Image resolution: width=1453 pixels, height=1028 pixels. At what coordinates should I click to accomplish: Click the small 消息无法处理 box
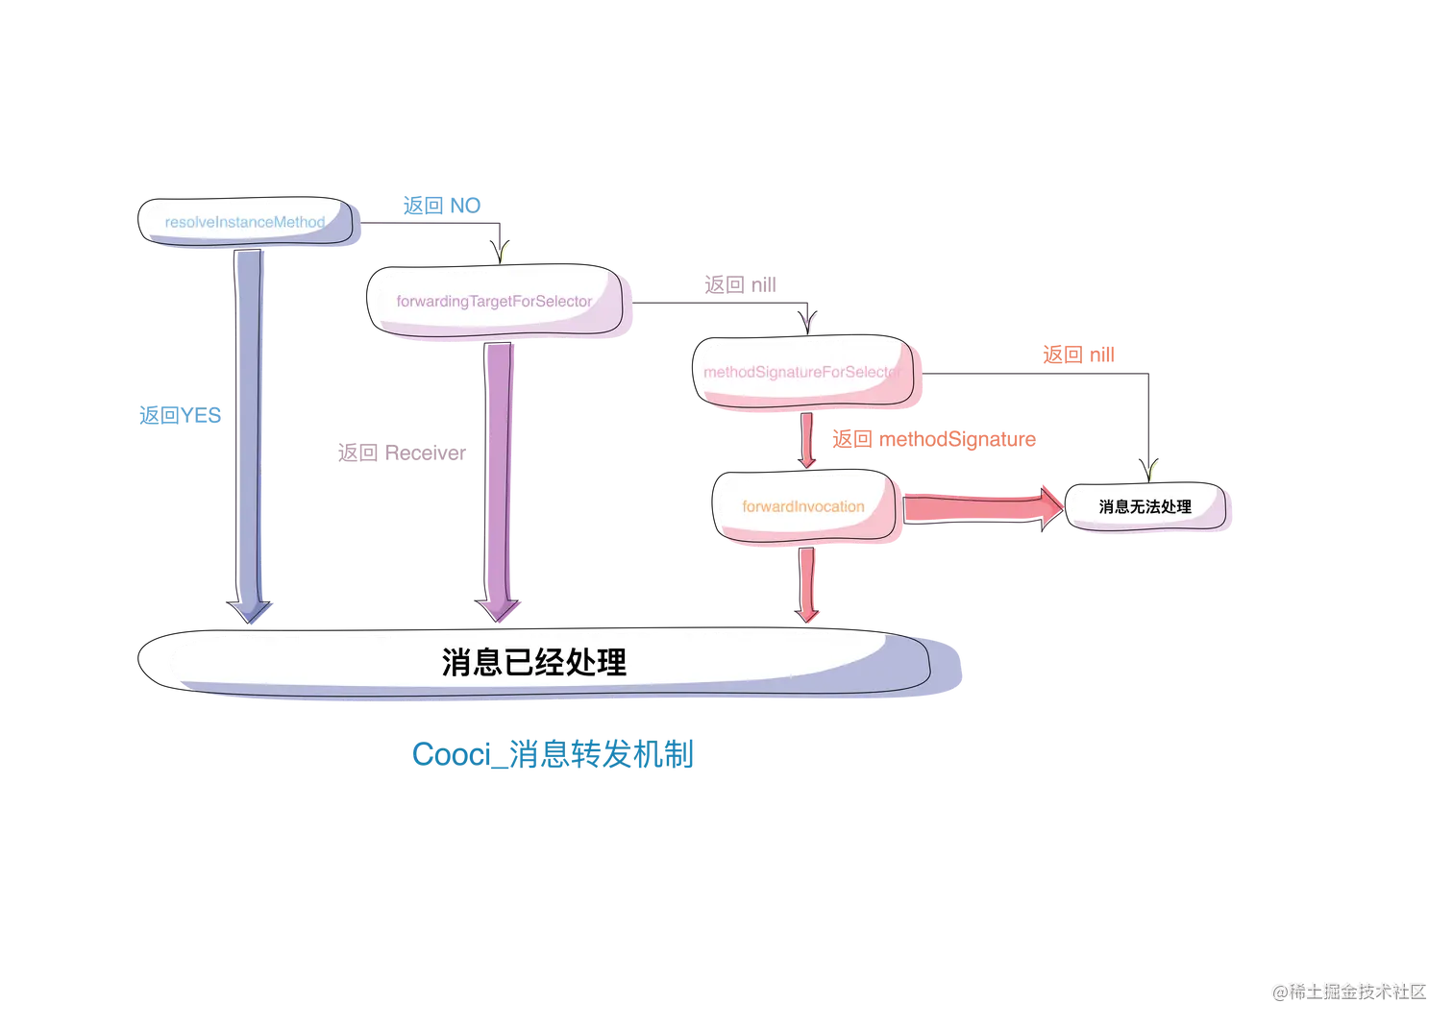coord(1146,506)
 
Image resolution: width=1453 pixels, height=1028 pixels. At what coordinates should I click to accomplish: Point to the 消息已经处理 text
coord(534,662)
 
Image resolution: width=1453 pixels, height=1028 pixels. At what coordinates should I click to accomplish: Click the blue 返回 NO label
coord(441,205)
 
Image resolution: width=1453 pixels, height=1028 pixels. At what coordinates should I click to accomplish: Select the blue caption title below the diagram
coord(553,754)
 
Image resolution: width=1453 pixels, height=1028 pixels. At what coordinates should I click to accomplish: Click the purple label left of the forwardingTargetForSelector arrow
coord(400,453)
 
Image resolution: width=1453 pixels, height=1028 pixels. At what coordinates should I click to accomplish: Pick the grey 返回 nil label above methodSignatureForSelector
coord(742,284)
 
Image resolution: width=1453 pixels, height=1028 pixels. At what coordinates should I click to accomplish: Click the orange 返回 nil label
coord(1079,355)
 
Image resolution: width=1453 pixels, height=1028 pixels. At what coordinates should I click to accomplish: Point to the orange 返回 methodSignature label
coord(933,440)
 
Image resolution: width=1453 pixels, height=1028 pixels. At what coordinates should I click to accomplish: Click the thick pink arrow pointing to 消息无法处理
coord(980,505)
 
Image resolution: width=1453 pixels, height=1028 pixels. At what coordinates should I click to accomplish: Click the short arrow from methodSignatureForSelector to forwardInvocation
coord(808,441)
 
